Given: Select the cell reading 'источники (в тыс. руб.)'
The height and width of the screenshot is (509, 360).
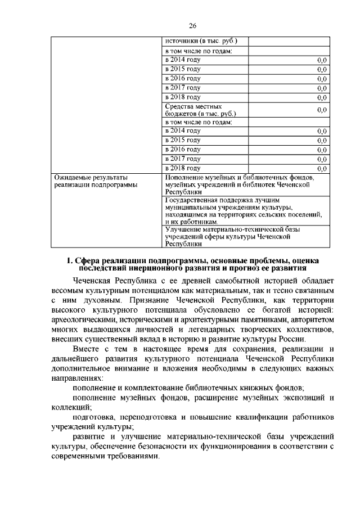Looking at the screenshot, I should pyautogui.click(x=201, y=41).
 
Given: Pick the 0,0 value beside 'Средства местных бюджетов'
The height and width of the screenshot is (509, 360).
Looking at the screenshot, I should pyautogui.click(x=322, y=110).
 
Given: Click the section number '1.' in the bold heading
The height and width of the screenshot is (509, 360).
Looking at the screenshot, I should pyautogui.click(x=70, y=260).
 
